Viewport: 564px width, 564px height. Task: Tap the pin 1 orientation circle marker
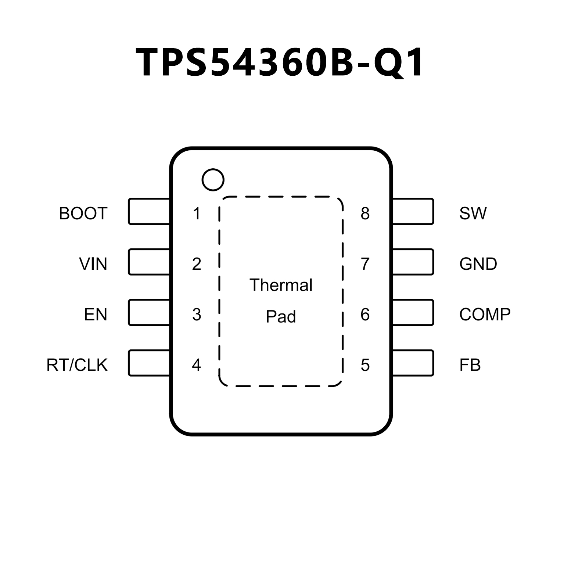click(213, 180)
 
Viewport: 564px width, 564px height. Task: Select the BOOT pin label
click(83, 213)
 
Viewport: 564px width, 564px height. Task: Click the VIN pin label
click(93, 264)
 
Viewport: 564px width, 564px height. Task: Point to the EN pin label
click(96, 315)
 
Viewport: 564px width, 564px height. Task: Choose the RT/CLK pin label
click(77, 365)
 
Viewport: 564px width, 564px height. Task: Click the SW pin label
click(473, 213)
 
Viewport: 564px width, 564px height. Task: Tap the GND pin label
click(478, 264)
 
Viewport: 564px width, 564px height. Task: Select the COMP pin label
click(485, 315)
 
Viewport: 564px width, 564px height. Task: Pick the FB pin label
click(470, 365)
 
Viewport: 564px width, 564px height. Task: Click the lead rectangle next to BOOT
click(149, 211)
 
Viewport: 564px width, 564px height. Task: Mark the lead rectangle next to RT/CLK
click(149, 363)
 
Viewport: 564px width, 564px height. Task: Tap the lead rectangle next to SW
click(413, 211)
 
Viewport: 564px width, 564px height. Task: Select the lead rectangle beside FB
click(413, 363)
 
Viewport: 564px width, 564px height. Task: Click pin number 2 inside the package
click(197, 264)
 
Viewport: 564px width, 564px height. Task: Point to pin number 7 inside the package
click(365, 264)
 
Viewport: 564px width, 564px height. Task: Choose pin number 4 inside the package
click(197, 365)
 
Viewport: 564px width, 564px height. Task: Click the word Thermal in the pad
click(281, 285)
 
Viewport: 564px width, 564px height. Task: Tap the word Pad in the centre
click(281, 317)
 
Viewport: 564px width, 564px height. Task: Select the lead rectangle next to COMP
click(413, 313)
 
